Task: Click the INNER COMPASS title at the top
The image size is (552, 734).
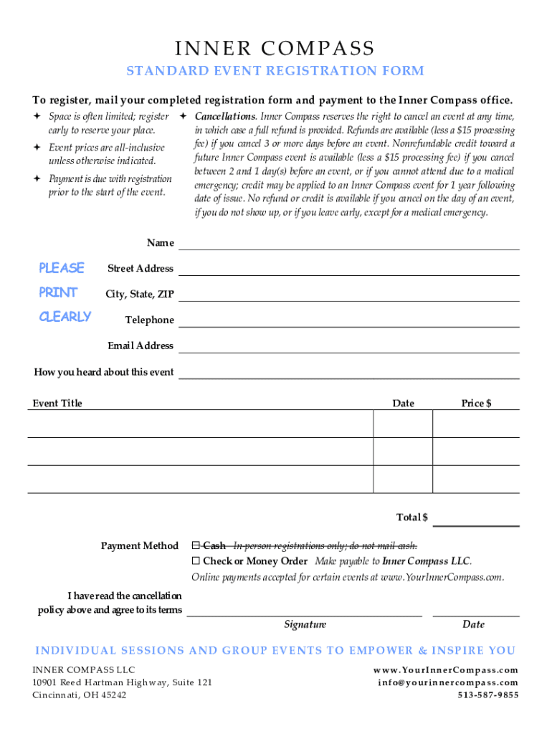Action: [x=275, y=49]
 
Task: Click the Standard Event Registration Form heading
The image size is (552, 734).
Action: [x=275, y=71]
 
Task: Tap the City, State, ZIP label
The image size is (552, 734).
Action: [x=139, y=295]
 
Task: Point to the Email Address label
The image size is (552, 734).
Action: [x=141, y=345]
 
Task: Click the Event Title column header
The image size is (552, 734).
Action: [x=57, y=404]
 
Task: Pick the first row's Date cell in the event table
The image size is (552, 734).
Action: [x=403, y=424]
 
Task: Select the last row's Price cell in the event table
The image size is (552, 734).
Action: [x=476, y=479]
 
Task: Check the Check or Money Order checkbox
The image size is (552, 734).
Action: [x=196, y=561]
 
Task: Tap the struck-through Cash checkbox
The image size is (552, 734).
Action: [x=196, y=546]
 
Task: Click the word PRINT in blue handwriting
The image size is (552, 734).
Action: [x=58, y=292]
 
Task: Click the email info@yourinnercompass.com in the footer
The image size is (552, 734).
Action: [x=448, y=682]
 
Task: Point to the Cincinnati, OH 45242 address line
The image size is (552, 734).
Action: [x=80, y=695]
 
